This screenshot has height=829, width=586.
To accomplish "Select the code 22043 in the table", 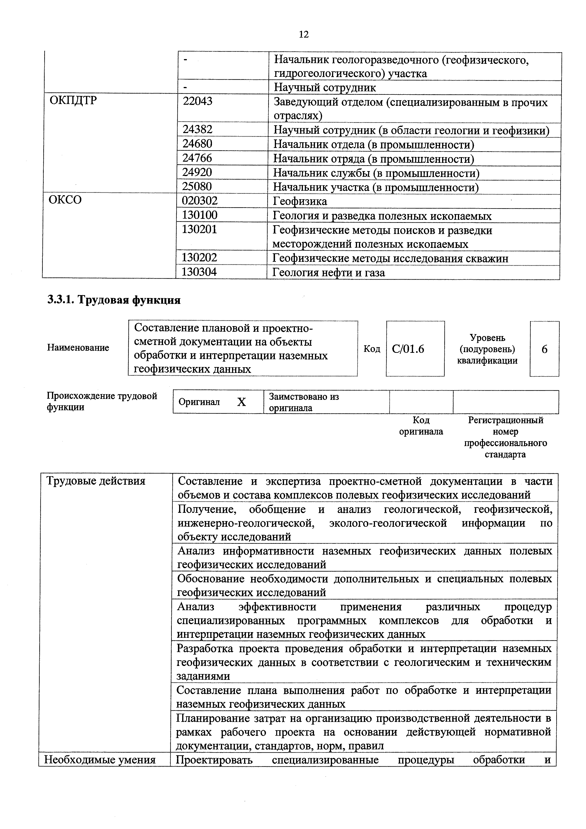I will pos(198,101).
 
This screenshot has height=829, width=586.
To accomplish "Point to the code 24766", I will pos(197,158).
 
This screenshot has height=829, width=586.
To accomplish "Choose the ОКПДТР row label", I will pos(73,101).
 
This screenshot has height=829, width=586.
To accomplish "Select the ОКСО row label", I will pos(65,200).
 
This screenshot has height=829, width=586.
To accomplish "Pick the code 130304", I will pos(199,272).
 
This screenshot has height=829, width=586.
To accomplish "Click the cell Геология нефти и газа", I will pos(329,273).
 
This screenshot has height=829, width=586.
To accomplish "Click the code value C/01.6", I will pos(408,349).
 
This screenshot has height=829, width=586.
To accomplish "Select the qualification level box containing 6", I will pos(544,349).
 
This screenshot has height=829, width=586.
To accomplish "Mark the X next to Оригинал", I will pos(241,402).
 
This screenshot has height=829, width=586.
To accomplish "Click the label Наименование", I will pos(78,348).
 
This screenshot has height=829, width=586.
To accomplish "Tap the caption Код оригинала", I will pos(421,426).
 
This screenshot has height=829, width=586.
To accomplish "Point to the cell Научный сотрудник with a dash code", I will pos(325,88).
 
